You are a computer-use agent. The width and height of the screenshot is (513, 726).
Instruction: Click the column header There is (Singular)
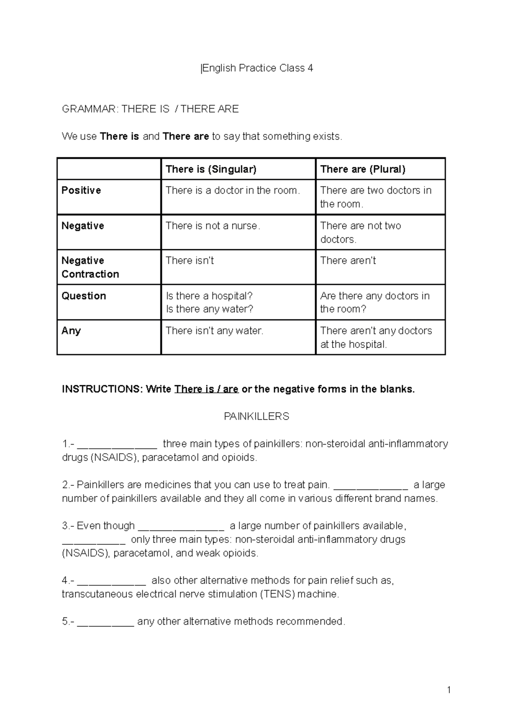pos(211,169)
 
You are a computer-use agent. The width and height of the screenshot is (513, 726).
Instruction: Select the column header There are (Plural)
pos(363,169)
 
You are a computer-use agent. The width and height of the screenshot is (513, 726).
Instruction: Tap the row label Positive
pos(81,190)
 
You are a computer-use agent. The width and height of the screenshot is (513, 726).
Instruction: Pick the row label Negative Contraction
pos(90,267)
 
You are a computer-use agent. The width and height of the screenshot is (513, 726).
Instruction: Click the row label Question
pos(84,296)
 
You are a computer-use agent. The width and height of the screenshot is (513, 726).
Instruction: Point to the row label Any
pos(71,331)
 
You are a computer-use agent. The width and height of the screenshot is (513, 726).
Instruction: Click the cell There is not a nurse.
pos(212,226)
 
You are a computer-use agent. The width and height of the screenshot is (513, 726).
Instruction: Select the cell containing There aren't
pos(348,261)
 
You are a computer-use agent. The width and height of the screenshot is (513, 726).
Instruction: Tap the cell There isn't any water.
pos(214,331)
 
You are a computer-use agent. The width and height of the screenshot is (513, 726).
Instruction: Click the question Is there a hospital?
pos(209,296)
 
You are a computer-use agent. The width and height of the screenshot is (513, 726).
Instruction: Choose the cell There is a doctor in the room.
pos(233,190)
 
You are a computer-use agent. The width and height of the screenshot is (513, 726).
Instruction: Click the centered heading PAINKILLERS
pos(256,416)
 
